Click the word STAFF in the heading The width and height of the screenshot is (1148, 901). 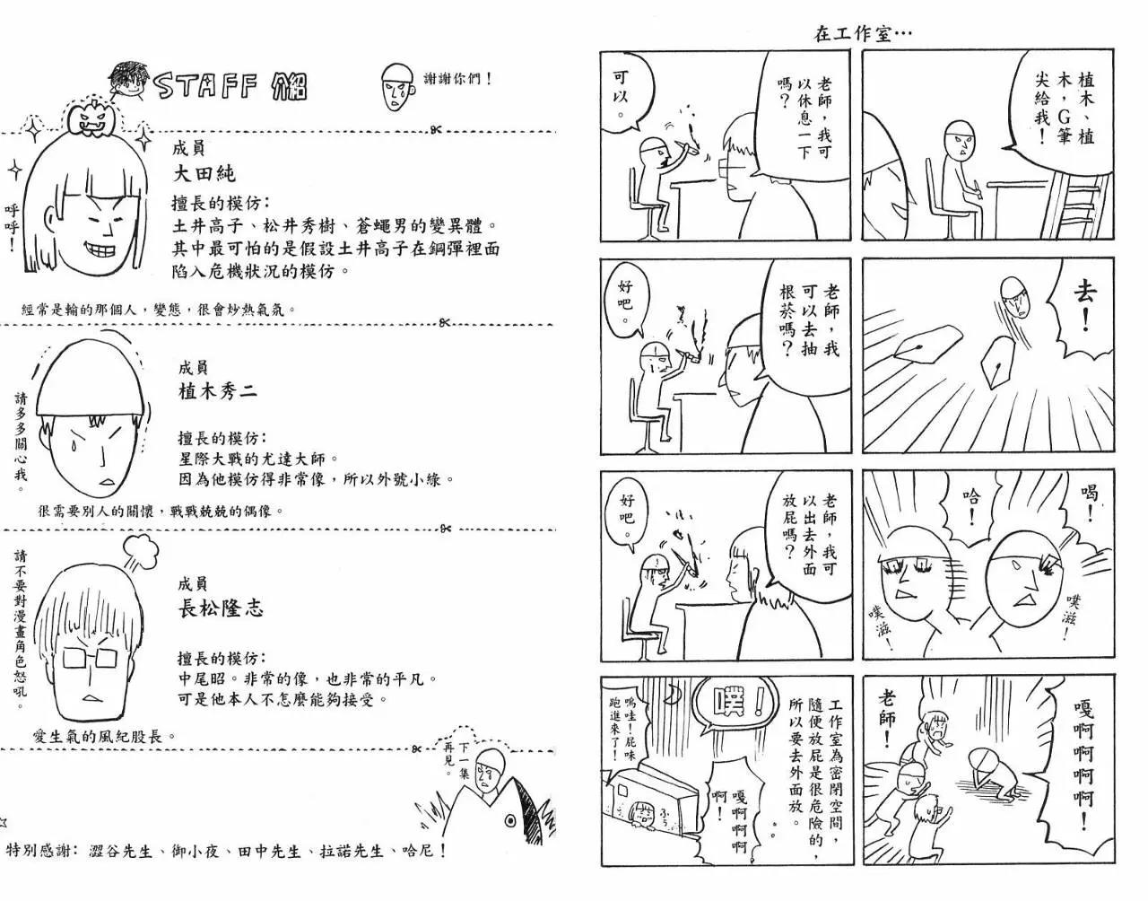point(208,86)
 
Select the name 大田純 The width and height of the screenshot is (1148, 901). point(204,173)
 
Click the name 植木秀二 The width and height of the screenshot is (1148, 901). point(218,391)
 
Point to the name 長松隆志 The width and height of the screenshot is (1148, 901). point(221,608)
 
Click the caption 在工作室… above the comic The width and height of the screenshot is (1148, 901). point(863,34)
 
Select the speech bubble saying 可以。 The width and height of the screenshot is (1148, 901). point(628,98)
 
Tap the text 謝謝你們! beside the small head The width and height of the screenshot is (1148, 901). point(458,79)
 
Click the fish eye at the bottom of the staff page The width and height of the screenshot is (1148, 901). point(509,821)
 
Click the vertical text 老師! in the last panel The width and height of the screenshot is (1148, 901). point(887,718)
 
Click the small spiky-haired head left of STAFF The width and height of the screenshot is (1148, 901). point(126,83)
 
